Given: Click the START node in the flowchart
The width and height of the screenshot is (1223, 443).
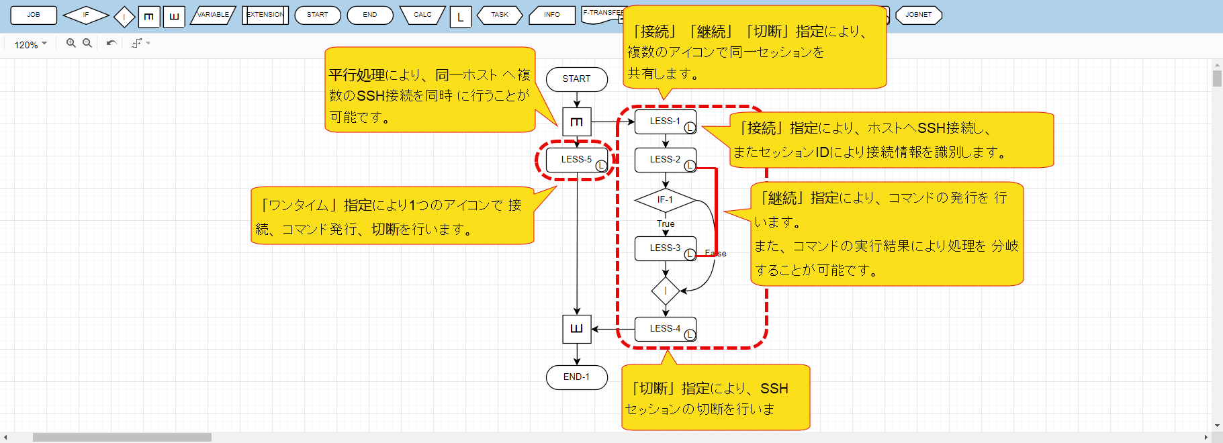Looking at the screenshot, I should coord(576,79).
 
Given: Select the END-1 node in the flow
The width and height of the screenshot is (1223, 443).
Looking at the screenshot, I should coord(576,377).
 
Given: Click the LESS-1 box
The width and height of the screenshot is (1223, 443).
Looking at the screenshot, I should coord(664,121).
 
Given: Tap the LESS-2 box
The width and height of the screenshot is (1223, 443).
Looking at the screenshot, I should coord(664,160).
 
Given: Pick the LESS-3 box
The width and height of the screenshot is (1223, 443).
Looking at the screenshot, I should coord(664,248).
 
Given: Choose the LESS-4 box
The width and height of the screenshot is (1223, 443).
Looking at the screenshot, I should coord(664,329).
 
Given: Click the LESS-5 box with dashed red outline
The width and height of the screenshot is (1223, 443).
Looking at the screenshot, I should coord(576,160).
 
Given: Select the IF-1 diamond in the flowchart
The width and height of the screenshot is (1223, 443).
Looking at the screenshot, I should coord(664,200).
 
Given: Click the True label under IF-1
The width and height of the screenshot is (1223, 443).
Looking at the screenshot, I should coord(666,224).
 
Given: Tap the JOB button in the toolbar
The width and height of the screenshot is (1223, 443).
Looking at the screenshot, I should coord(34,15).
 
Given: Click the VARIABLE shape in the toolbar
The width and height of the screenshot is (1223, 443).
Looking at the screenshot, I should coord(213,15).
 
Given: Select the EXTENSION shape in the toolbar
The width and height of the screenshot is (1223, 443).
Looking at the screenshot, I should coord(265,15).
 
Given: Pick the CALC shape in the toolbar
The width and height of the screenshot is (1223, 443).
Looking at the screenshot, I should coord(422,15).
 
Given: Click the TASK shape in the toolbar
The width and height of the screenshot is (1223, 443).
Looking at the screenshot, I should coord(499,15).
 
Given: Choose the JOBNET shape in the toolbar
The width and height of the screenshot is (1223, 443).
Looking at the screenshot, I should coord(918,15).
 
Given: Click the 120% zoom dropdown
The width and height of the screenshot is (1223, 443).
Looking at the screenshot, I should coord(30,44).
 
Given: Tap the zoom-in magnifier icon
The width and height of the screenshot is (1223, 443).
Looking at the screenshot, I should coord(71,43).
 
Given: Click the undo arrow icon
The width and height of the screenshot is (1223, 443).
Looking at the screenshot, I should coord(111,43).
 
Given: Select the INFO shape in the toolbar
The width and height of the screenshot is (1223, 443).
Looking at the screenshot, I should coord(551,15).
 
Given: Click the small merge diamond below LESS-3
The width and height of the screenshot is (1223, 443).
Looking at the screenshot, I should coord(666,291).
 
